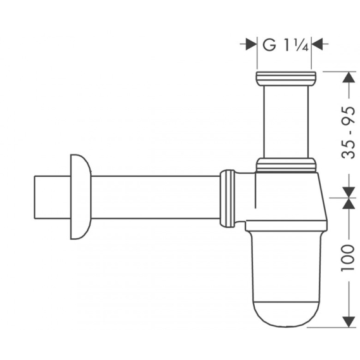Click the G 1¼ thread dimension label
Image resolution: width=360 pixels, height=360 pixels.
[285, 45]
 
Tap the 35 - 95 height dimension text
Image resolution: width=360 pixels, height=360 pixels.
[349, 132]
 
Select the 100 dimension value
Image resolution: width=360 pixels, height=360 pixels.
[348, 259]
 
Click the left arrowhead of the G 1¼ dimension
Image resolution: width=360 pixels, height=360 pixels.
[251, 44]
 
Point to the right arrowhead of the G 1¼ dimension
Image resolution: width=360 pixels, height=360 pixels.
[317, 44]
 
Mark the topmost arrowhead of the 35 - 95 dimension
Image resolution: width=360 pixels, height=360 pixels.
[349, 77]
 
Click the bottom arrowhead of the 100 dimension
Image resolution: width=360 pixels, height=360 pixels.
[349, 322]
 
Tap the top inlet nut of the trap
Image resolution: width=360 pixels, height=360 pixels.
[286, 79]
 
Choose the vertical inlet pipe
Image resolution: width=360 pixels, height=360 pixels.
[286, 122]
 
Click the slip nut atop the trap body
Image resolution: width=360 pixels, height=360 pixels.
[286, 165]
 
